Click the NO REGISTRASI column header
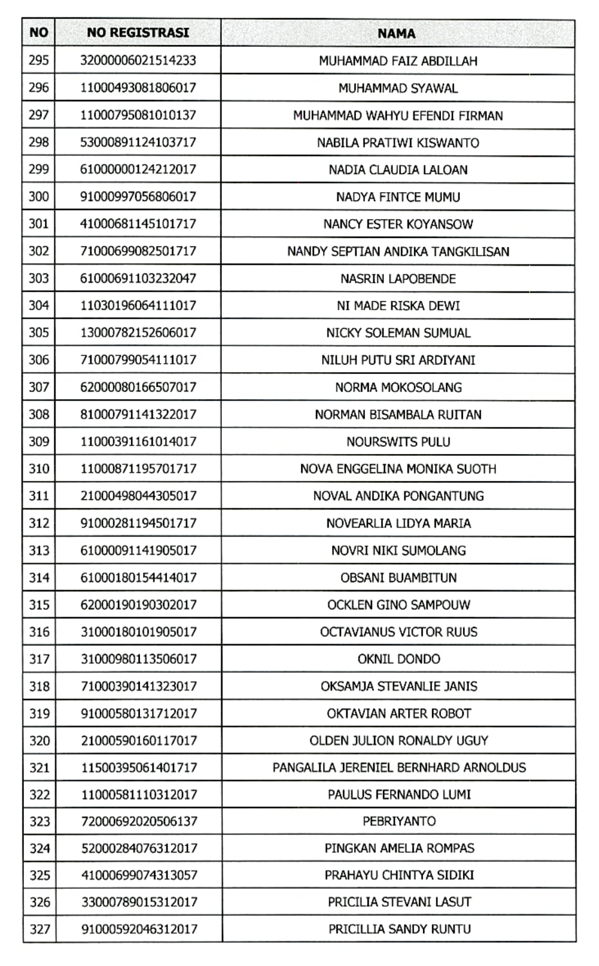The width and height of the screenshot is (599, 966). click(137, 33)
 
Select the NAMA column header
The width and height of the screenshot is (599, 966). click(396, 34)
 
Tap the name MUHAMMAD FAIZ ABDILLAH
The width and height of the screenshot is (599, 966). click(398, 61)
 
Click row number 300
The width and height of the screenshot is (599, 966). click(39, 197)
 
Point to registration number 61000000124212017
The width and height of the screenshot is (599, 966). click(138, 170)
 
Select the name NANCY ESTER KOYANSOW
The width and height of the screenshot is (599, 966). click(398, 224)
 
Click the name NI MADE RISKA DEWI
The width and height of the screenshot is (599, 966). click(398, 306)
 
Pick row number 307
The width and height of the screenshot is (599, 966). click(39, 387)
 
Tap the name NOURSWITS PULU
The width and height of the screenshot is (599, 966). click(398, 442)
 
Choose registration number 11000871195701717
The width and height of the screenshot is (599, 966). click(138, 469)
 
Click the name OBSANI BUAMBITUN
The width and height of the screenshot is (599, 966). click(398, 578)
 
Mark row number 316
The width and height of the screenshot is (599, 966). click(39, 632)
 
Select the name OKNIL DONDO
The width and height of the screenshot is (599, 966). click(398, 659)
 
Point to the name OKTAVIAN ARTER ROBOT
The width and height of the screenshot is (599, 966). click(398, 714)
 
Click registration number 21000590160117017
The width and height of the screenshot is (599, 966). click(138, 741)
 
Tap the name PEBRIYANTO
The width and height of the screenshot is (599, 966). click(398, 822)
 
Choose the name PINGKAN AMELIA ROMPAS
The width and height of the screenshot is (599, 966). click(398, 849)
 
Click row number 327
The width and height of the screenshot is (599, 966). click(39, 929)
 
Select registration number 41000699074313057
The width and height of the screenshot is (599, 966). click(139, 876)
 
